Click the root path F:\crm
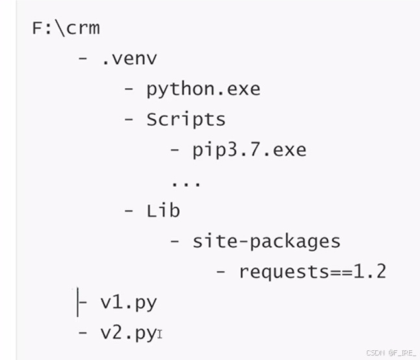(x=66, y=29)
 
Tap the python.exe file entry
(x=203, y=89)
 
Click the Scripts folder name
(x=186, y=119)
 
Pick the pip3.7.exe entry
(x=249, y=150)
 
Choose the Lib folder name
(x=163, y=210)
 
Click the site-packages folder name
(x=266, y=241)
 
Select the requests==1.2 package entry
(x=312, y=271)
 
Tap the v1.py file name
(x=129, y=302)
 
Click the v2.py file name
(x=128, y=333)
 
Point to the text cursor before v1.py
(x=78, y=302)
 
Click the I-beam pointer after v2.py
(x=160, y=335)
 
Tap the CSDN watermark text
(x=389, y=353)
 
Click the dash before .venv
(x=83, y=58)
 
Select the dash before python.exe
(x=129, y=89)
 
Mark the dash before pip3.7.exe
(x=175, y=150)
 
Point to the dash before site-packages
(x=175, y=241)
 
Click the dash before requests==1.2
(x=221, y=271)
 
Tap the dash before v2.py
(x=83, y=333)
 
